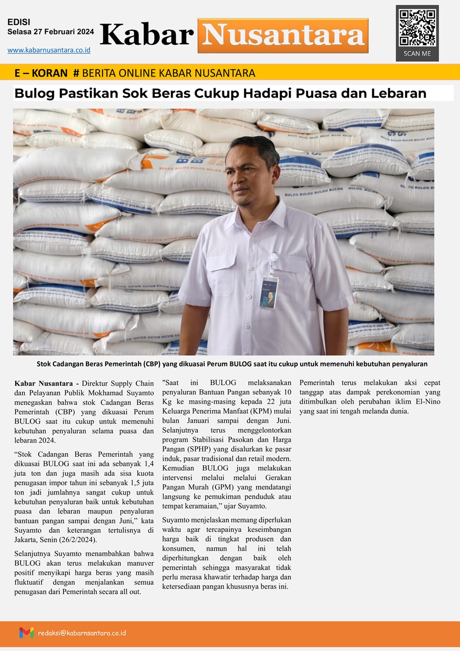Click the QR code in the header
click(417, 27)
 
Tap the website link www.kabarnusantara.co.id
click(49, 50)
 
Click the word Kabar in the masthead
click(147, 35)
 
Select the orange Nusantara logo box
click(283, 36)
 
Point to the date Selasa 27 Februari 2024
click(51, 31)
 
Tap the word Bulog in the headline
click(34, 93)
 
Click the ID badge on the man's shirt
click(269, 292)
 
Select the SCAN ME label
click(417, 54)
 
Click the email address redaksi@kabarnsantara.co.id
click(82, 633)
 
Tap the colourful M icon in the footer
click(26, 633)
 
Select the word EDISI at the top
click(19, 22)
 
